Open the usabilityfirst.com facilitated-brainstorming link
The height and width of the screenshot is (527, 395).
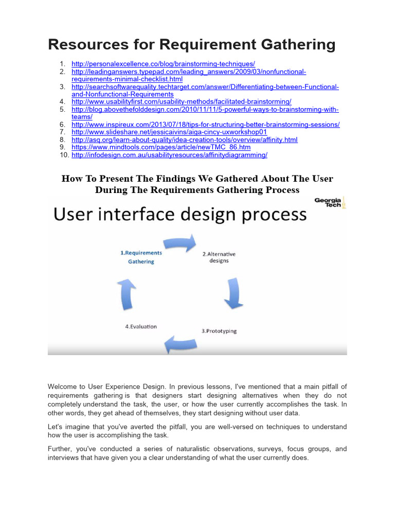pyautogui.click(x=182, y=101)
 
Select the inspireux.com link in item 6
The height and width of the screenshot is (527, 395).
pyautogui.click(x=206, y=125)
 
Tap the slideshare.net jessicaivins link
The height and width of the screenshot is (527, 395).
pyautogui.click(x=169, y=132)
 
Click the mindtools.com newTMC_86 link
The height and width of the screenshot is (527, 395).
pyautogui.click(x=161, y=147)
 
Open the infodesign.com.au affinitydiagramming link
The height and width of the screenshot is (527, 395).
pyautogui.click(x=169, y=155)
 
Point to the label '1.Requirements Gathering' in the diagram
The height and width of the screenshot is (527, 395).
pyautogui.click(x=141, y=257)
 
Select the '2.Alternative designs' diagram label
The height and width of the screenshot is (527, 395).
pyautogui.click(x=219, y=257)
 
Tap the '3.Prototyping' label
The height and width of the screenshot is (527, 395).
pyautogui.click(x=219, y=331)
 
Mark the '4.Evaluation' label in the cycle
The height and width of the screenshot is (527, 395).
pyautogui.click(x=141, y=326)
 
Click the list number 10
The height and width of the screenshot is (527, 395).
pyautogui.click(x=64, y=155)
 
